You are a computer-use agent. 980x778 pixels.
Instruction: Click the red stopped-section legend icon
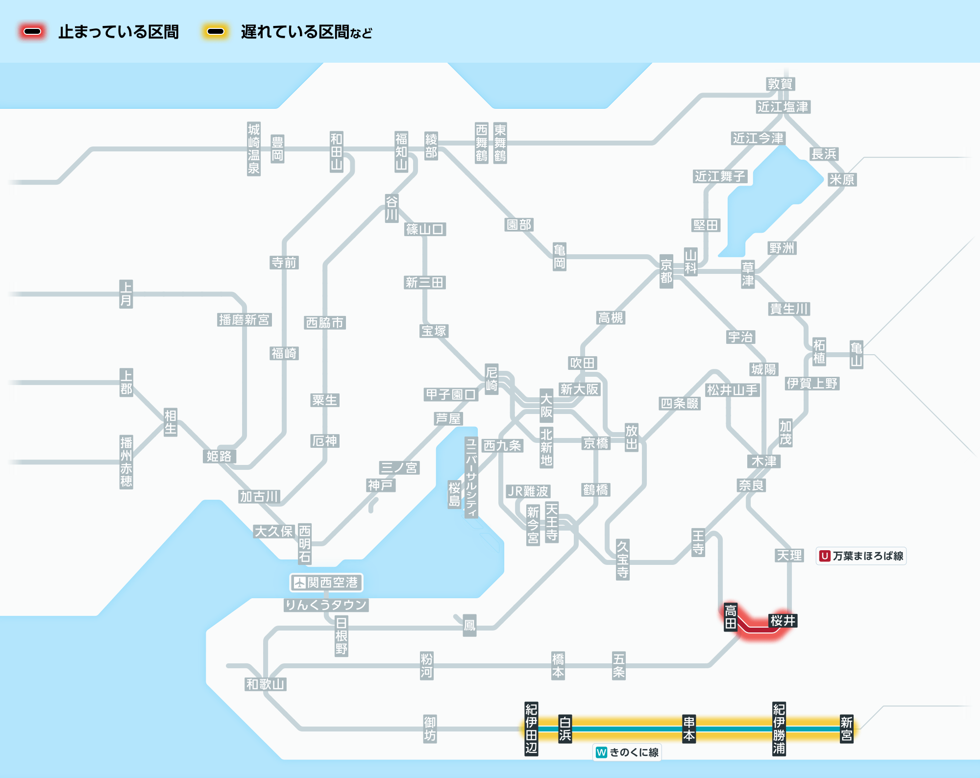click(32, 32)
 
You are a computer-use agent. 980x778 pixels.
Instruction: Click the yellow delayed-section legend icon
click(215, 32)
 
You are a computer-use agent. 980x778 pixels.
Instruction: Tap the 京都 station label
click(666, 271)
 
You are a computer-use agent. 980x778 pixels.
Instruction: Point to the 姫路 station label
click(219, 457)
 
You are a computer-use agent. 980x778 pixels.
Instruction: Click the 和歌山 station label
click(266, 684)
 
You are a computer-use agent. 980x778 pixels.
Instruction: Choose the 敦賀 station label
click(780, 84)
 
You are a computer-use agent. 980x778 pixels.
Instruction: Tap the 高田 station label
click(731, 617)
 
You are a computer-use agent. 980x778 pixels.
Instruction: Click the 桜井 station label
click(783, 621)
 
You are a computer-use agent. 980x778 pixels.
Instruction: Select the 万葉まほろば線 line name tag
click(861, 556)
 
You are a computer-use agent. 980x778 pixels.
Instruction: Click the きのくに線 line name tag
click(627, 752)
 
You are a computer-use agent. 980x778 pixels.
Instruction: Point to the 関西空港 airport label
click(326, 583)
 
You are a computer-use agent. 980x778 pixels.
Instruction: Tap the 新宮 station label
click(846, 729)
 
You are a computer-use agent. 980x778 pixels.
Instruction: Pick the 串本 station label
click(689, 729)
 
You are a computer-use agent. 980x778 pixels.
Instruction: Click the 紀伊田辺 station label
click(531, 729)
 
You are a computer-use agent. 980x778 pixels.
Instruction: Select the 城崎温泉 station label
click(253, 149)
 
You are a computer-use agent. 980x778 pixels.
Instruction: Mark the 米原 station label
click(842, 180)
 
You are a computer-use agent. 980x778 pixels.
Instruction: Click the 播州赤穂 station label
click(126, 462)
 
